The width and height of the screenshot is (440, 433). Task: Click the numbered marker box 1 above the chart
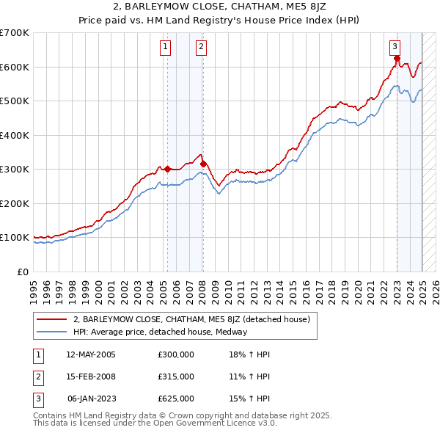tap(165, 47)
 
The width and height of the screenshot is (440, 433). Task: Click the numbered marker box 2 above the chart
tap(200, 47)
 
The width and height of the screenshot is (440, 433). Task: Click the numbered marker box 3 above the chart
tap(395, 47)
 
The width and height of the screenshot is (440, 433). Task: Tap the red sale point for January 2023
tap(397, 59)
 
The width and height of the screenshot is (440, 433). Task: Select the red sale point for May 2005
tap(167, 169)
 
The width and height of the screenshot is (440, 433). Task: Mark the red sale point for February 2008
tap(203, 164)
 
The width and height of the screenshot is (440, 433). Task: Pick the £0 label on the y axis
tap(23, 272)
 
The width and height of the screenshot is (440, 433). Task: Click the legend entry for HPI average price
tap(160, 332)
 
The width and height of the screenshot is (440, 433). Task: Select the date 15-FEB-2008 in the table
tap(91, 376)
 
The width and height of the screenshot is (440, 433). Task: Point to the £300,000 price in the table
tap(176, 354)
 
